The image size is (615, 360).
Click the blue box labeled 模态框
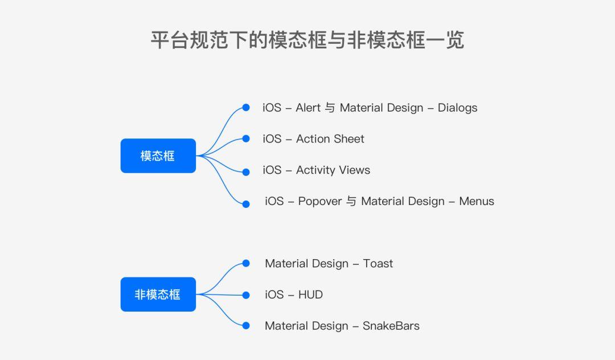pyautogui.click(x=158, y=156)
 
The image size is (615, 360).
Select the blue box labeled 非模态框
pyautogui.click(x=158, y=294)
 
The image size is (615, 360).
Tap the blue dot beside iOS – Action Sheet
pyautogui.click(x=246, y=138)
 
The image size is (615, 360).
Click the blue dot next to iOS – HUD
pyautogui.click(x=246, y=295)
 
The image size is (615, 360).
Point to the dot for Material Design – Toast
pyautogui.click(x=246, y=263)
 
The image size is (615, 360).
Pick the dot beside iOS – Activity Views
pyautogui.click(x=246, y=172)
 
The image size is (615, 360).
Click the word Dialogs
pyautogui.click(x=457, y=108)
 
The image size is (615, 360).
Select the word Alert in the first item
pyautogui.click(x=308, y=108)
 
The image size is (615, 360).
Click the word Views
pyautogui.click(x=355, y=170)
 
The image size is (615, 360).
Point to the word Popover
pyautogui.click(x=320, y=202)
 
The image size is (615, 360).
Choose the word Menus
pyautogui.click(x=477, y=201)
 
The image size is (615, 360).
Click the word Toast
pyautogui.click(x=378, y=264)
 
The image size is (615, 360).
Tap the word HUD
pyautogui.click(x=311, y=294)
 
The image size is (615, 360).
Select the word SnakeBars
pyautogui.click(x=391, y=326)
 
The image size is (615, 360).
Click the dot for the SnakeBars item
pyautogui.click(x=246, y=325)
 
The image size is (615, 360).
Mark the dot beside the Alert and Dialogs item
pyautogui.click(x=246, y=108)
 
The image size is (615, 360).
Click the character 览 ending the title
pyautogui.click(x=454, y=40)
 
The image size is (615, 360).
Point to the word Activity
pyautogui.click(x=315, y=170)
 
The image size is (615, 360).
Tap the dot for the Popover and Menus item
pyautogui.click(x=246, y=204)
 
